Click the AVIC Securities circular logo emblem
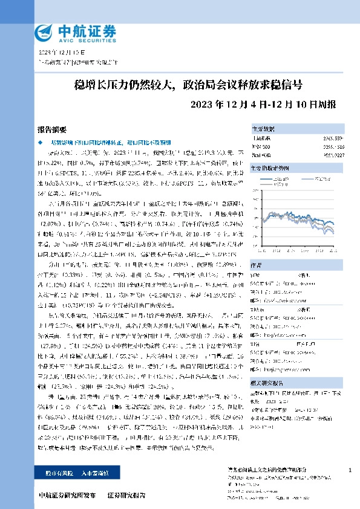click(44, 31)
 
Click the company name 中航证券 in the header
click(77, 28)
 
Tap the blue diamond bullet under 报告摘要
click(41, 142)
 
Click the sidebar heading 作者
click(257, 264)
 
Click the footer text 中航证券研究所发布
click(66, 495)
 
